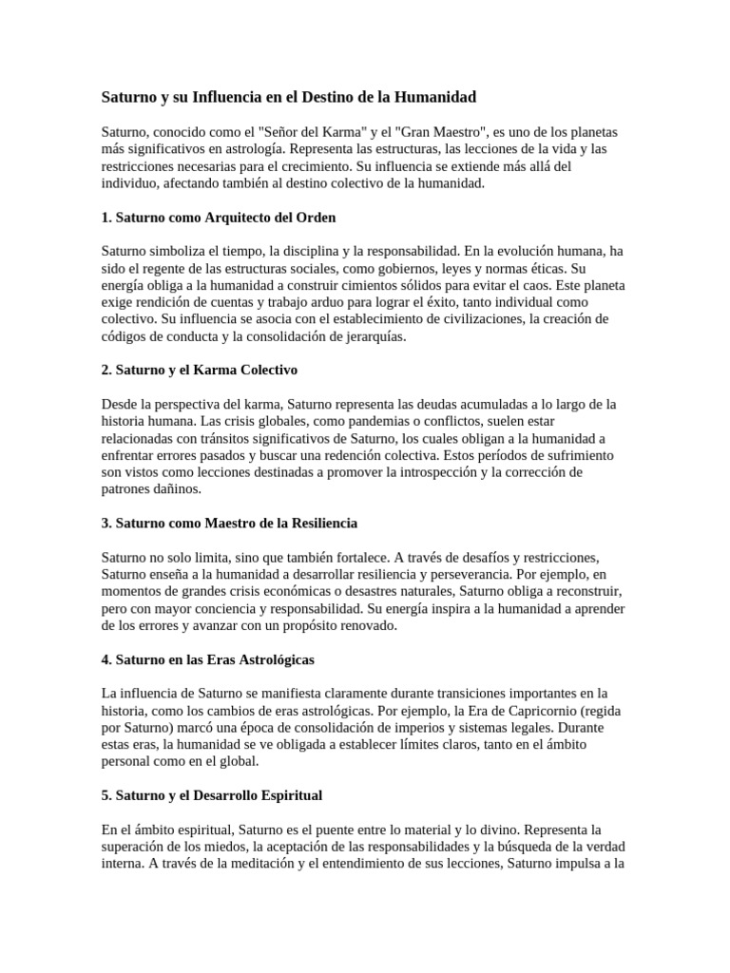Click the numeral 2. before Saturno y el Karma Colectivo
(106, 369)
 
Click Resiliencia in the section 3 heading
(317, 523)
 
